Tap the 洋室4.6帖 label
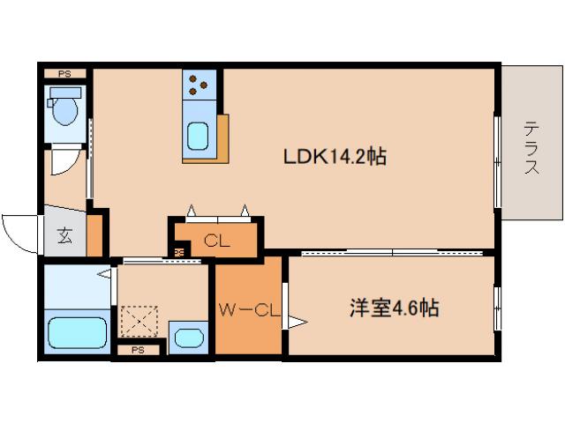coord(395,308)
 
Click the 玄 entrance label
coord(65,236)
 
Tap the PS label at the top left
coord(64,74)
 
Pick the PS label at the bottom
coord(137,350)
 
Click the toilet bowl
coord(66,110)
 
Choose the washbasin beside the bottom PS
coord(187,337)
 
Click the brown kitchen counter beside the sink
coord(221,139)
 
